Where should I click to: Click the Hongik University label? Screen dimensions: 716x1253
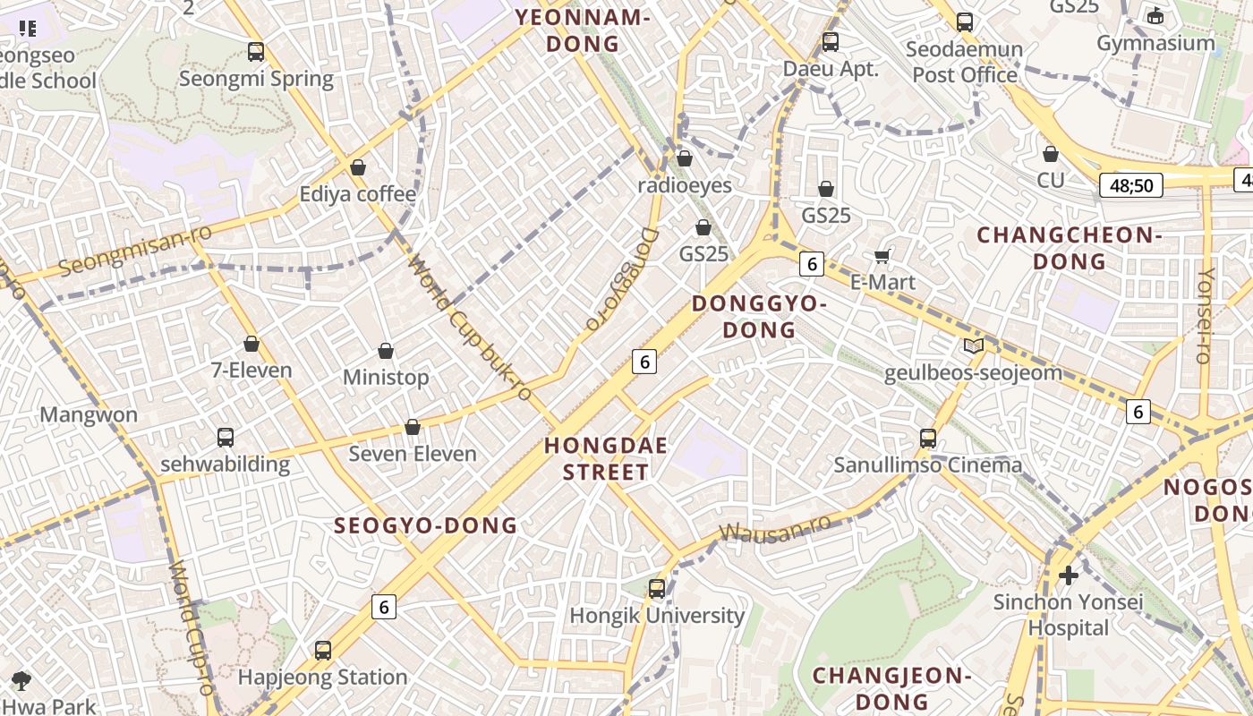pyautogui.click(x=657, y=616)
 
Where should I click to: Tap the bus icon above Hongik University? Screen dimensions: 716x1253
pyautogui.click(x=657, y=589)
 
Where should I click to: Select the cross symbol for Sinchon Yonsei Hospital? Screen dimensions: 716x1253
pyautogui.click(x=1069, y=575)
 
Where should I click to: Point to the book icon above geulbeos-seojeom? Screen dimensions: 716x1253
pyautogui.click(x=973, y=346)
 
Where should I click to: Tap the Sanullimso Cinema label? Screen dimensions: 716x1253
pyautogui.click(x=927, y=465)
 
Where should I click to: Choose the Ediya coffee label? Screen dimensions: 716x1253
pyautogui.click(x=357, y=194)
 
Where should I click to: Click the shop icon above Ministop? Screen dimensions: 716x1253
pyautogui.click(x=386, y=351)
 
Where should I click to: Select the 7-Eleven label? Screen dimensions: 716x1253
pyautogui.click(x=251, y=371)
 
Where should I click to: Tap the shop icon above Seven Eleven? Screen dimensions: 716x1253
pyautogui.click(x=413, y=428)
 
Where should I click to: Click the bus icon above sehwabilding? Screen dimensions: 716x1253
pyautogui.click(x=226, y=438)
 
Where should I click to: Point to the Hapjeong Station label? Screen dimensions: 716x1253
pyautogui.click(x=322, y=678)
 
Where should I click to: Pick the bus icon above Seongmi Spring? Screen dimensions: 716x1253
pyautogui.click(x=256, y=52)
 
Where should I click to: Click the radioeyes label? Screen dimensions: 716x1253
pyautogui.click(x=685, y=185)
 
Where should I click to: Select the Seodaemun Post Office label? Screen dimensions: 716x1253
pyautogui.click(x=964, y=61)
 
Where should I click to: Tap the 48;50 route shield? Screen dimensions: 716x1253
pyautogui.click(x=1131, y=186)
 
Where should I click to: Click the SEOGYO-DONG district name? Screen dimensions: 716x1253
pyautogui.click(x=425, y=525)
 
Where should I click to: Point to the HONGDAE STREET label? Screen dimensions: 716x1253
pyautogui.click(x=606, y=458)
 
